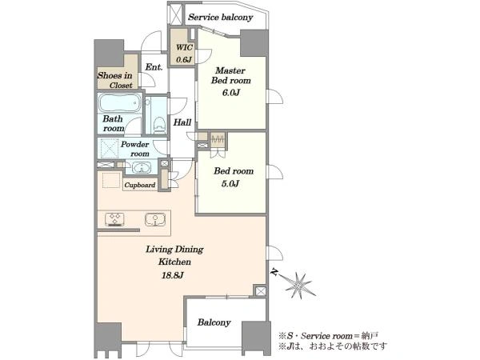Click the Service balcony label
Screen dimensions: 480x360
221,17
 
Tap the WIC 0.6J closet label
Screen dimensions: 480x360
184,54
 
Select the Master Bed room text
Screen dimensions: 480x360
231,75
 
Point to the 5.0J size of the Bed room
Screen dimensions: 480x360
230,184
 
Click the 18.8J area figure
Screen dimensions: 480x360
173,275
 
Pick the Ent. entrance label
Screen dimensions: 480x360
154,67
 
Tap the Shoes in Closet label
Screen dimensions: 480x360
114,80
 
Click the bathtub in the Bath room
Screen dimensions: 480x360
120,103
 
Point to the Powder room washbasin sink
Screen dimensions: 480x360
142,168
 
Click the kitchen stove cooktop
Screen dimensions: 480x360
114,219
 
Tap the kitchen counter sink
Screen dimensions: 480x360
155,219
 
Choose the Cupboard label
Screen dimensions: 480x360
140,186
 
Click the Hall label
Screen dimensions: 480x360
182,122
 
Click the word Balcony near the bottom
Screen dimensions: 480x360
214,322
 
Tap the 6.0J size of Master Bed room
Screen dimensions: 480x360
231,92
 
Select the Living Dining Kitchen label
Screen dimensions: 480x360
174,256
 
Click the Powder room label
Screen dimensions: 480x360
135,149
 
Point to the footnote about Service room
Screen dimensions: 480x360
329,336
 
